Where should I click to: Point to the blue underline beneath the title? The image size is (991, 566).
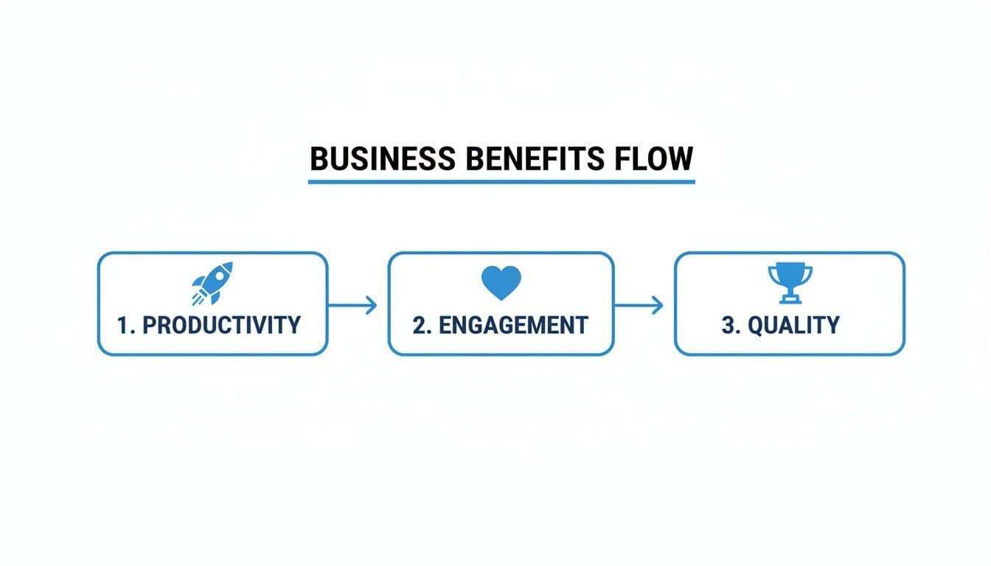click(501, 181)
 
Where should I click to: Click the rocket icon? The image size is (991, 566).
click(213, 282)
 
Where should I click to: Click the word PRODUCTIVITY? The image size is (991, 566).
click(221, 325)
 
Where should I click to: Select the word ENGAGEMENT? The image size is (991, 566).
click(513, 325)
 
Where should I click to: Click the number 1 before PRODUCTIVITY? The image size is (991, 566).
click(123, 325)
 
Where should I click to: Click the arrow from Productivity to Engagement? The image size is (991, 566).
click(352, 304)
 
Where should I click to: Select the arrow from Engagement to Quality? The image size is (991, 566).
click(639, 304)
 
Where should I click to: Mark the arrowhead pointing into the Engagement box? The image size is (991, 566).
click(372, 304)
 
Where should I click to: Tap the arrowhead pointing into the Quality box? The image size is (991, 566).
click(658, 304)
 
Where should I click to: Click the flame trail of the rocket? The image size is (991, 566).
click(198, 298)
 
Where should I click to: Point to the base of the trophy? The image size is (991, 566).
click(790, 299)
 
